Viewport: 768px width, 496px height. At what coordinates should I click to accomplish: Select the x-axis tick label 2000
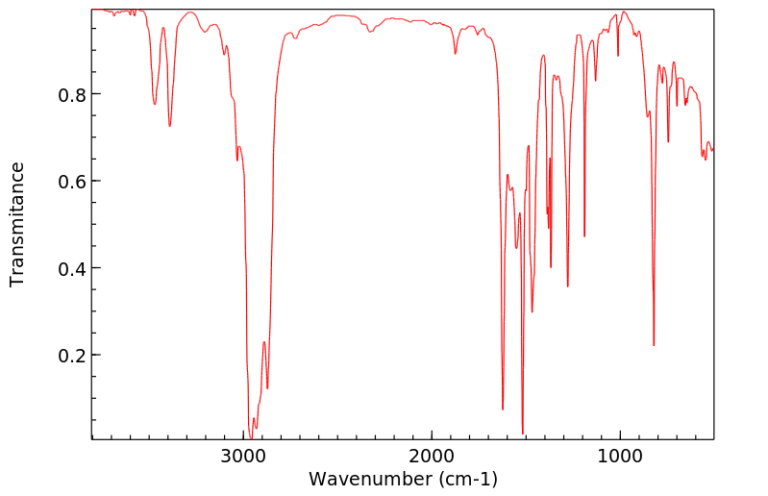(432, 454)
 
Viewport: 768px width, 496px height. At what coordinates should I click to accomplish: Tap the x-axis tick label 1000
(619, 454)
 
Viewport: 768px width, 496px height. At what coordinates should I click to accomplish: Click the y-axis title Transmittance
(17, 224)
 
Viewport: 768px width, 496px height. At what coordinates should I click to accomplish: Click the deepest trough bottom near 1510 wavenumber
(523, 434)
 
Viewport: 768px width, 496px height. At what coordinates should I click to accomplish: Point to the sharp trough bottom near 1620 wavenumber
(503, 409)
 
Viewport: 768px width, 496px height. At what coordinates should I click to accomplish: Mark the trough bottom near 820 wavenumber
(654, 345)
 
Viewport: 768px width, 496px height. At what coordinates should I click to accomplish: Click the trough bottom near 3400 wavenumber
(169, 126)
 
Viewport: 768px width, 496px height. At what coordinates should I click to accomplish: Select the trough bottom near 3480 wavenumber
(155, 104)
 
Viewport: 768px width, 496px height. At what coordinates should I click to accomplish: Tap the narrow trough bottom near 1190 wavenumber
(584, 236)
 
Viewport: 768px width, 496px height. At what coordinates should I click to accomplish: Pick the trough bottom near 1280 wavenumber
(568, 285)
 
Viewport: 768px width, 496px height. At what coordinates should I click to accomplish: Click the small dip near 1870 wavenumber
(456, 54)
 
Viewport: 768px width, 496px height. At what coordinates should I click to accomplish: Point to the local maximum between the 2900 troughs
(263, 341)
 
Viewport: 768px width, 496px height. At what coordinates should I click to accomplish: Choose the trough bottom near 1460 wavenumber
(532, 311)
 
